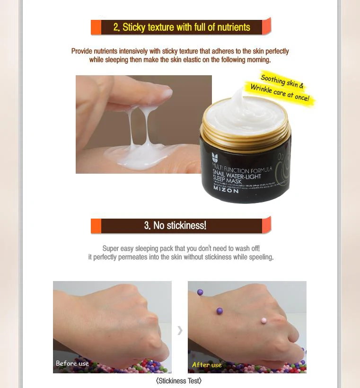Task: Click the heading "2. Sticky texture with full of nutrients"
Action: click(x=182, y=27)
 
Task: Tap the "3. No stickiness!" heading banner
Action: click(x=175, y=225)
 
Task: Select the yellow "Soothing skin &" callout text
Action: click(x=282, y=81)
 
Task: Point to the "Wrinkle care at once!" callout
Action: click(x=279, y=93)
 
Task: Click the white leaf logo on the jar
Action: click(x=215, y=158)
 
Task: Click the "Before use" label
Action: click(x=72, y=363)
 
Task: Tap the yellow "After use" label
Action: click(x=207, y=365)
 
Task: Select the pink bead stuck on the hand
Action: click(x=263, y=321)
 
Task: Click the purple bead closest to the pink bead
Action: click(x=220, y=311)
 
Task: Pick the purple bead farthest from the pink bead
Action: click(x=200, y=292)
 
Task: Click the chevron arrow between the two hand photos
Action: click(x=180, y=330)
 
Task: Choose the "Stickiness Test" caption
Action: click(x=179, y=381)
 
